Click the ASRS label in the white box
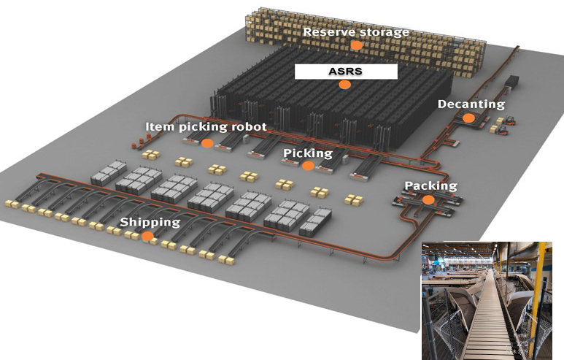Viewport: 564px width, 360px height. click(x=345, y=72)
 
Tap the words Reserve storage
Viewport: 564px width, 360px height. click(x=356, y=31)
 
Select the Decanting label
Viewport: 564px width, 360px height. click(x=471, y=104)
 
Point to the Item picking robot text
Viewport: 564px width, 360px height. click(x=206, y=126)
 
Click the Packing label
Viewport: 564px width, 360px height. click(x=430, y=185)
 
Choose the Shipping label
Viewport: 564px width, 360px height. click(x=150, y=222)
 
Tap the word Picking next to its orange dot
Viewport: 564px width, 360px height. click(x=308, y=153)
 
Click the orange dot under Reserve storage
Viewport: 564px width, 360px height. click(x=356, y=45)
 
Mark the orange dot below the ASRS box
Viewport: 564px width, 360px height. click(x=344, y=85)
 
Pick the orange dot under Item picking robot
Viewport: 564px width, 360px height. click(x=206, y=143)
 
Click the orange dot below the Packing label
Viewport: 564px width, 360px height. click(x=428, y=199)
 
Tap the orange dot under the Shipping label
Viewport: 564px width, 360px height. click(x=148, y=236)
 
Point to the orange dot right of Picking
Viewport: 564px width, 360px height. click(x=308, y=166)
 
